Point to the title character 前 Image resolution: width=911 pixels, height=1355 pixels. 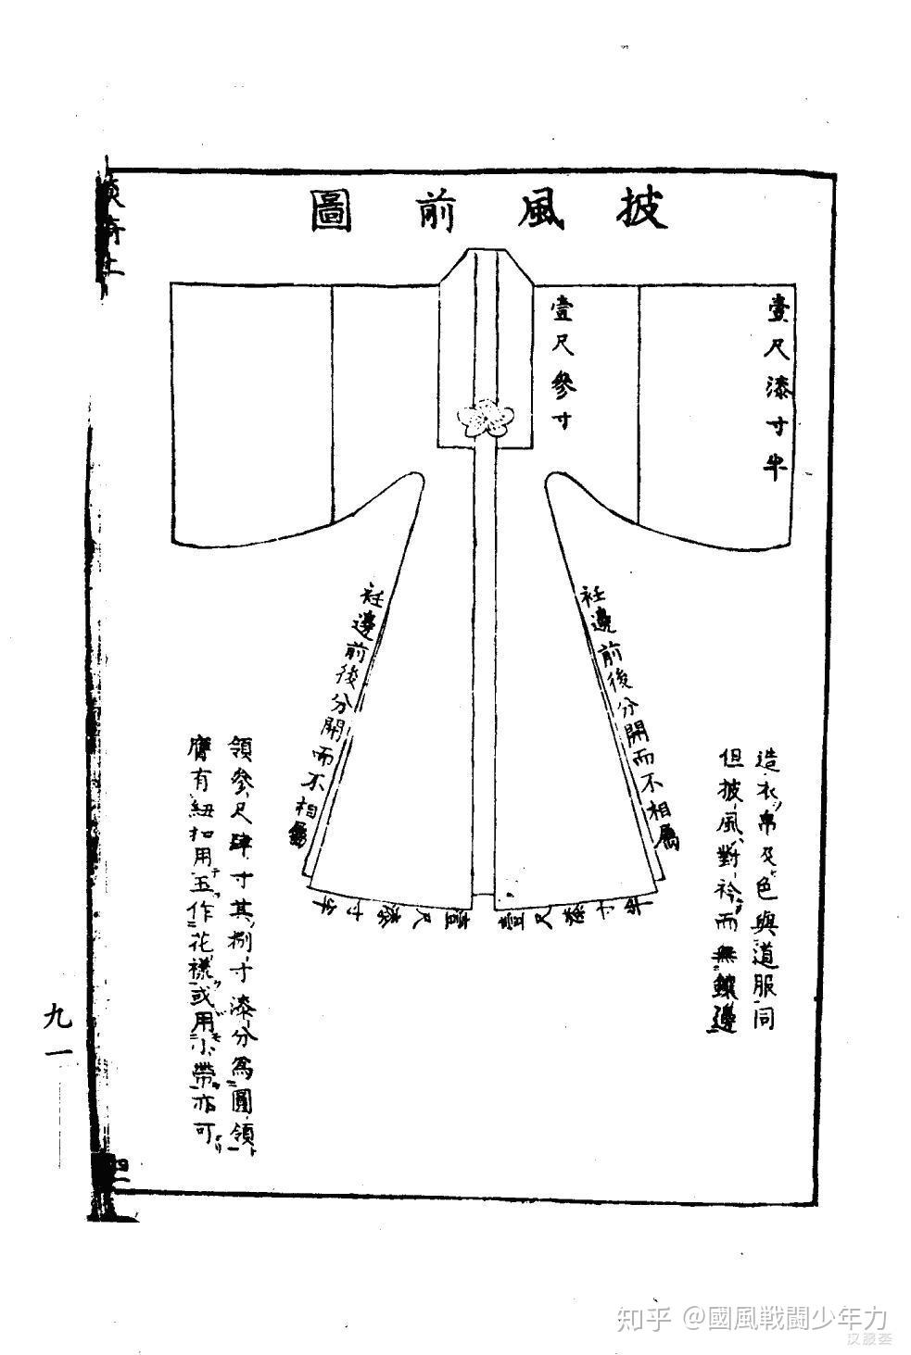[433, 212]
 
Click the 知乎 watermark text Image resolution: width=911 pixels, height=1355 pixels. [642, 1317]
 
